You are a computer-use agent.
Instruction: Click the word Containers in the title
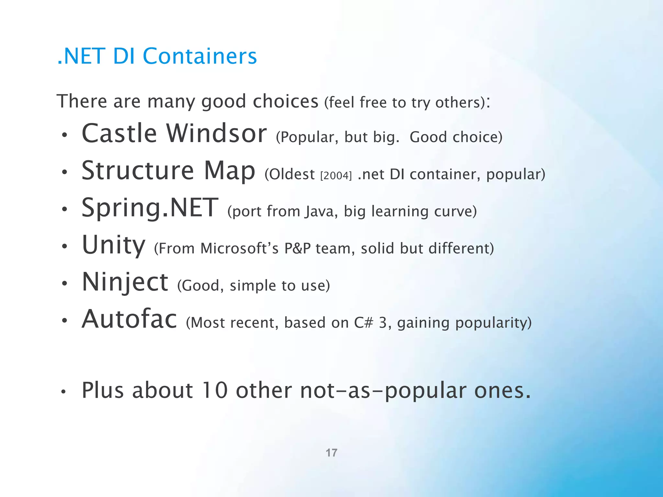[x=200, y=56]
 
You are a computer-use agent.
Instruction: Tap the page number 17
[x=331, y=453]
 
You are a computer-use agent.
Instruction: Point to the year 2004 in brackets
[x=336, y=176]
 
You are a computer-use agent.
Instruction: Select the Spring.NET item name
[x=150, y=208]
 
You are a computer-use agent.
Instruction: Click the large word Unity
[x=114, y=245]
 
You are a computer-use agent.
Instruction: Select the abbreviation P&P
[x=298, y=248]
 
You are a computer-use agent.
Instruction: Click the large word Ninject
[x=125, y=282]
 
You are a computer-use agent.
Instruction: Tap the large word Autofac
[x=129, y=319]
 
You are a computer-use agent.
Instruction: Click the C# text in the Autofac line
[x=364, y=323]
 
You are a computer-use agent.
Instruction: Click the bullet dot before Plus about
[x=64, y=392]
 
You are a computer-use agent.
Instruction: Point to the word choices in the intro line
[x=286, y=102]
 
